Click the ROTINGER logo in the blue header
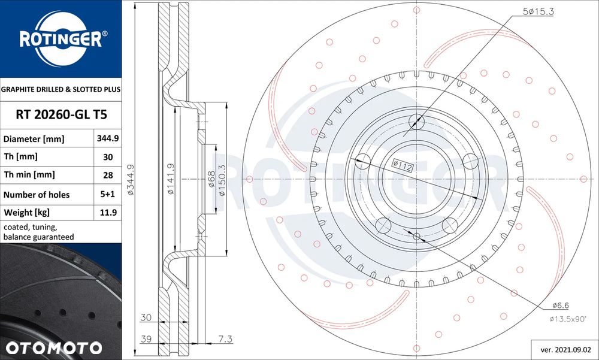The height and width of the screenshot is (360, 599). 60,38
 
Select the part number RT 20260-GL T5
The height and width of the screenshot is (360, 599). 61,114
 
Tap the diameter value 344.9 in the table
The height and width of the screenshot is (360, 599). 107,138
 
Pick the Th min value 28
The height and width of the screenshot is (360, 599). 108,175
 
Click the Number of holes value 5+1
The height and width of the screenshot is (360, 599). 107,194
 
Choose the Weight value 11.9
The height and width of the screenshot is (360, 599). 108,213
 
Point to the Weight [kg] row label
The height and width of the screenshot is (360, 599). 26,213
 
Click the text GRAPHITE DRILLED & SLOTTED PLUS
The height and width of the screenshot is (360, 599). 60,89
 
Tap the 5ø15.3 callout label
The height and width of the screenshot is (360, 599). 539,11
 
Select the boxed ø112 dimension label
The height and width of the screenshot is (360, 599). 403,166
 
